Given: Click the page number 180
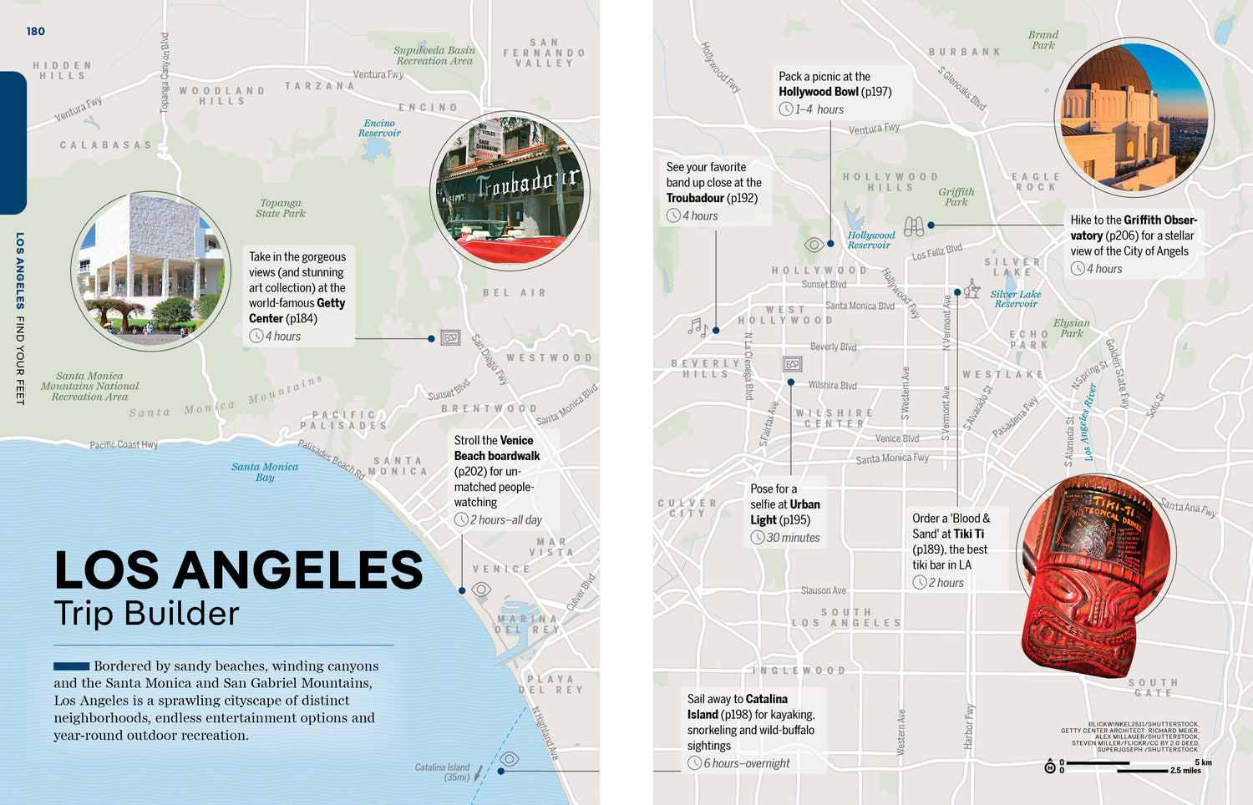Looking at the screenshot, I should coord(35,32).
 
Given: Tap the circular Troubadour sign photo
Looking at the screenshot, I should coord(510,191).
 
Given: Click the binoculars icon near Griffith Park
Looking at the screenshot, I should coord(914,225).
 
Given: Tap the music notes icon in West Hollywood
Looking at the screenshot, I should coord(698,327).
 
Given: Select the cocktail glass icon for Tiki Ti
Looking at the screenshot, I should coord(971,290).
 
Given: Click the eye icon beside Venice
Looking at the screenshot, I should coord(481,590).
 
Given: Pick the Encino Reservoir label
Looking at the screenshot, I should coord(379,128).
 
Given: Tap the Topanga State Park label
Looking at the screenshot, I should coord(281,208).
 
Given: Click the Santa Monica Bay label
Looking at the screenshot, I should coord(265,472).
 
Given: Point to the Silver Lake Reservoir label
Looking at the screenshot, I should coord(1016,299).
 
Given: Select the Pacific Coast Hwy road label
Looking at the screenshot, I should coord(124,444).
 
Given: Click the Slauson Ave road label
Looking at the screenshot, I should coord(823,590).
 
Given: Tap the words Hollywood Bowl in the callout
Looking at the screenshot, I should coord(818,92).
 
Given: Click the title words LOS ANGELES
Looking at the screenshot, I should coord(239,570).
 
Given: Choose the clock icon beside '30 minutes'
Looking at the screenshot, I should coord(758,538).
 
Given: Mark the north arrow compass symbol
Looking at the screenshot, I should coord(1050,767).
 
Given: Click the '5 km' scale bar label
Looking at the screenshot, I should coord(1202,762).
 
